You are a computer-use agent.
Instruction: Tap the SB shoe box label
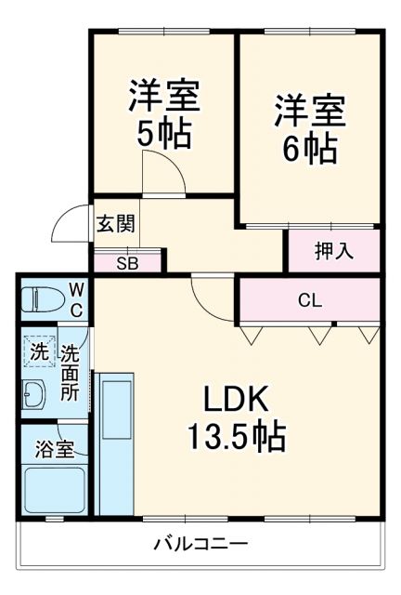127,262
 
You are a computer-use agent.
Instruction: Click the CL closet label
310,300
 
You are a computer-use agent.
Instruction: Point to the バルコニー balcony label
200,544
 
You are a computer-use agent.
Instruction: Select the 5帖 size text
164,134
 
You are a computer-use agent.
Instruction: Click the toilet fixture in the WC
43,299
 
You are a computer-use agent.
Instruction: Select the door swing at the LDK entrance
209,297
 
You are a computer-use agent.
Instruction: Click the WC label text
76,300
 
